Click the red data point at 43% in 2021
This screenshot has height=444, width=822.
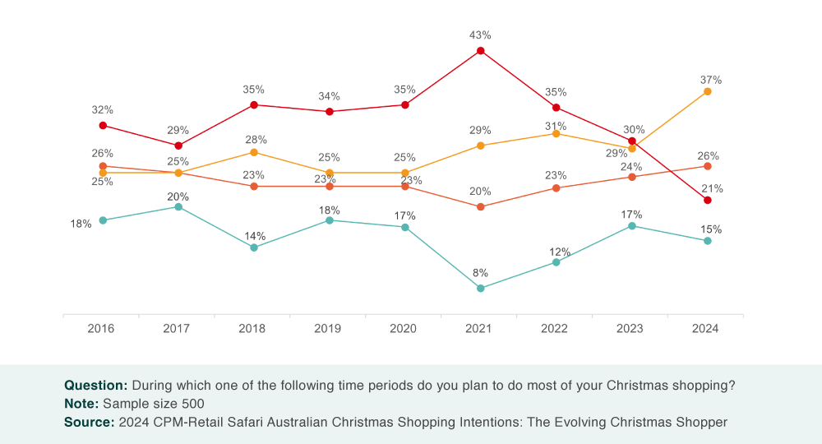(x=481, y=51)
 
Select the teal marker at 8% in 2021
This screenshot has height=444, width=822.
(x=481, y=288)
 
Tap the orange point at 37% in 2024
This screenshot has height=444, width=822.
(x=708, y=91)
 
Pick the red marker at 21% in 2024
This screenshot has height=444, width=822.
(x=708, y=200)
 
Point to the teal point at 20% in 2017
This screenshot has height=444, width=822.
(x=178, y=206)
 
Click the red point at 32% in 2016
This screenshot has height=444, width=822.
(x=103, y=125)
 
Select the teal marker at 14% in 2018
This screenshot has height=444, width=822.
(x=254, y=247)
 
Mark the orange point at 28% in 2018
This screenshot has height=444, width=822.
(x=254, y=152)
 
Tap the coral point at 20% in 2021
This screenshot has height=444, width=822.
(x=481, y=206)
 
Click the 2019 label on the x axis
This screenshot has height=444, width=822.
(x=328, y=328)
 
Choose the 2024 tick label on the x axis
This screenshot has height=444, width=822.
(x=705, y=328)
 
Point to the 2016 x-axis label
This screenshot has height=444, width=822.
(x=101, y=328)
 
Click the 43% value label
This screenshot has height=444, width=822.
(x=480, y=35)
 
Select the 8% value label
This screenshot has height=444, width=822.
(x=480, y=272)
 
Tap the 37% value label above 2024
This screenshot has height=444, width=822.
(x=711, y=80)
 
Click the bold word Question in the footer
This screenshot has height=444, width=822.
(x=95, y=385)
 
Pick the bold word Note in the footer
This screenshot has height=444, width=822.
(x=81, y=404)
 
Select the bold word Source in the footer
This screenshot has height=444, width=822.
(x=89, y=423)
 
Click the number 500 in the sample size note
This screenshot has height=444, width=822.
(x=191, y=404)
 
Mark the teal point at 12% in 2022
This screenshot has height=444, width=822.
(x=556, y=262)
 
